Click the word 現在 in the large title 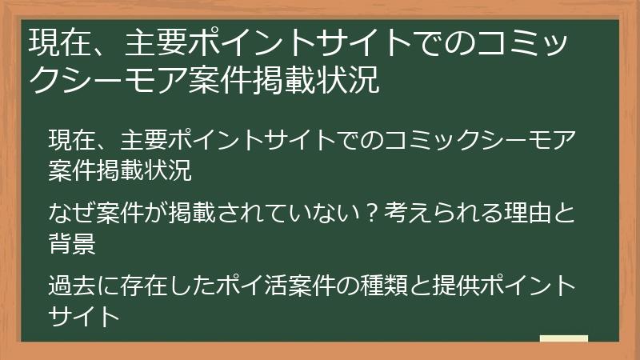coord(52,41)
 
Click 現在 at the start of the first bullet coord(66,142)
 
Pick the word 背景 coord(73,243)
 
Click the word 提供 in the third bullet coord(452,286)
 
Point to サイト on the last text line coord(85,314)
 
